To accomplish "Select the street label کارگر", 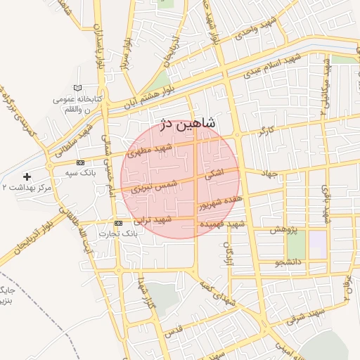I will pyautogui.click(x=266, y=131).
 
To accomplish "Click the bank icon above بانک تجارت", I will pyautogui.click(x=117, y=223).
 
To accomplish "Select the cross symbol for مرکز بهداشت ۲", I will pyautogui.click(x=27, y=176).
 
